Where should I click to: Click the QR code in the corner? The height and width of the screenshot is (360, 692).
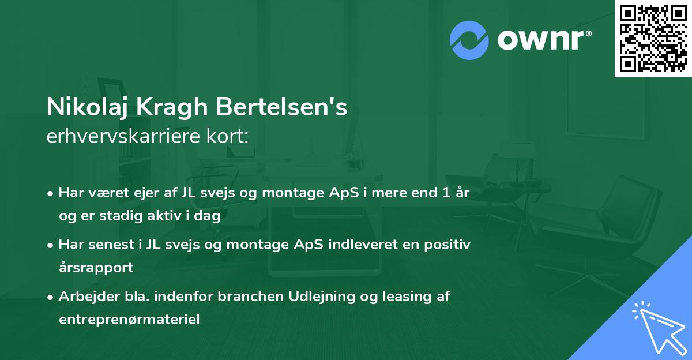[x=653, y=38]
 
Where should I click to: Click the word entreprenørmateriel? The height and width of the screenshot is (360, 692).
[x=129, y=320]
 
